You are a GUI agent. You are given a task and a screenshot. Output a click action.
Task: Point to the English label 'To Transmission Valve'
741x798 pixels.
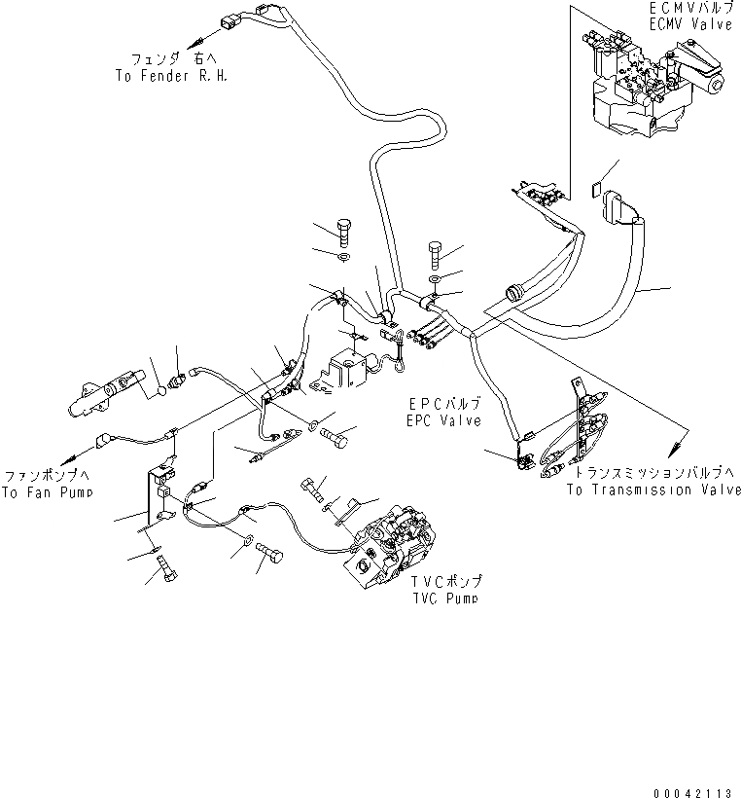654,490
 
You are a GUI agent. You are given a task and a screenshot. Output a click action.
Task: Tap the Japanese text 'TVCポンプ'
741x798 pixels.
444,582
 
